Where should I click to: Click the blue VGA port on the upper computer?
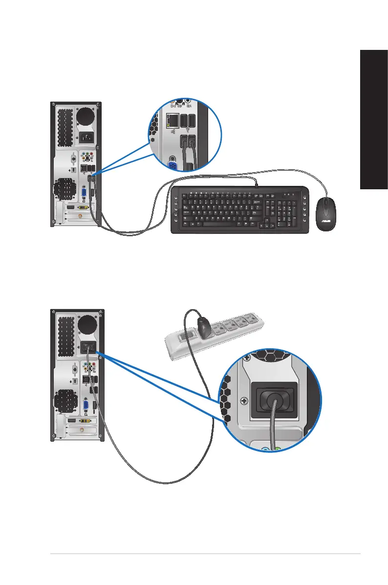pos(85,192)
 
